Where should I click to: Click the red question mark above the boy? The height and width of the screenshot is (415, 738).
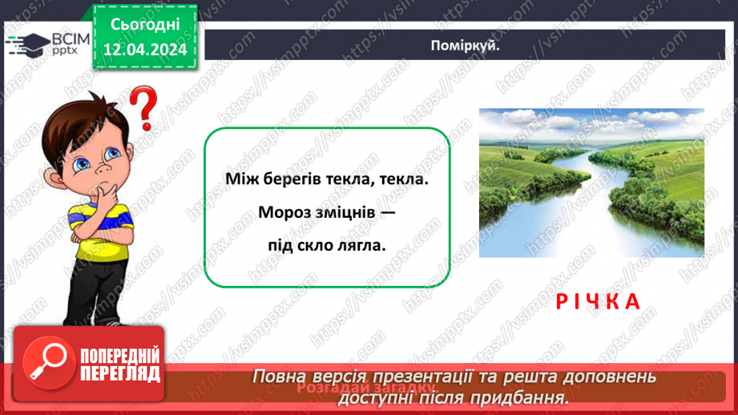click(143, 111)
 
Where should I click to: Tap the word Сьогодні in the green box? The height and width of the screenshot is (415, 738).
click(144, 25)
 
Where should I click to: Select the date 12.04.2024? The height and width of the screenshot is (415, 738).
click(144, 50)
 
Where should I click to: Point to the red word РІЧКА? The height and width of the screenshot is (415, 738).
click(599, 301)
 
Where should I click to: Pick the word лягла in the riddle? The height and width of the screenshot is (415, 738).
click(364, 245)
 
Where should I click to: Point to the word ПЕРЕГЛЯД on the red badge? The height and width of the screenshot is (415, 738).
click(119, 374)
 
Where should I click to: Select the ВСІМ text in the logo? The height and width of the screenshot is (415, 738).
click(67, 38)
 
